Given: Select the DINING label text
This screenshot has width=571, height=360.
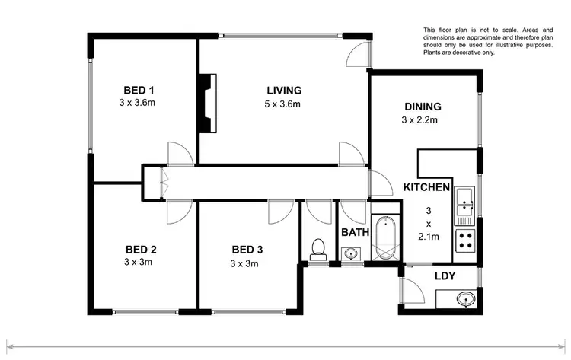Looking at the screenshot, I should [421, 107].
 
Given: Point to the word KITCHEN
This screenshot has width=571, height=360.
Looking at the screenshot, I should [426, 187].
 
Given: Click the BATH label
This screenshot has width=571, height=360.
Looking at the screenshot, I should [355, 232].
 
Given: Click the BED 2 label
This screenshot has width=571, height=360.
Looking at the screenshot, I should [142, 250].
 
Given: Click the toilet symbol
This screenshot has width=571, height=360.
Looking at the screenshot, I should [318, 249].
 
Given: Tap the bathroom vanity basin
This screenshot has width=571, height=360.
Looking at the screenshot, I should [352, 253].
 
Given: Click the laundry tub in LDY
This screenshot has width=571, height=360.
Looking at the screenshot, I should [466, 298].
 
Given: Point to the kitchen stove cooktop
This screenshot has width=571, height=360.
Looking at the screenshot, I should [464, 242].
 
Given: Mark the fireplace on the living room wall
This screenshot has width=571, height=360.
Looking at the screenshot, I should [207, 104].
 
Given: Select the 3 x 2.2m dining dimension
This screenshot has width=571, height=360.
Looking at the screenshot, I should [421, 120].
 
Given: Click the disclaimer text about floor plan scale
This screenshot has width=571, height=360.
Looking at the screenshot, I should [488, 41].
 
